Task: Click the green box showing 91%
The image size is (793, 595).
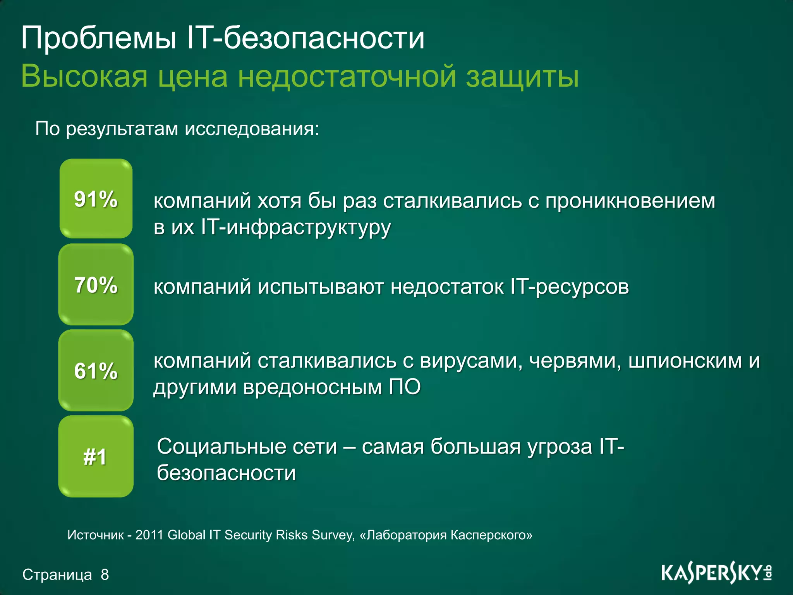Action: pyautogui.click(x=96, y=199)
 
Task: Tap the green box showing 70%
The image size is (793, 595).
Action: pyautogui.click(x=96, y=285)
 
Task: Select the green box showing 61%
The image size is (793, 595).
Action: pyautogui.click(x=96, y=370)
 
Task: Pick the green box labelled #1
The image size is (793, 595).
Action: pyautogui.click(x=96, y=456)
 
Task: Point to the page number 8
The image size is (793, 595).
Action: pyautogui.click(x=105, y=574)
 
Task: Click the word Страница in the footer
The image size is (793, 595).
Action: pyautogui.click(x=57, y=574)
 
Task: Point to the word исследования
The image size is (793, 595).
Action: pyautogui.click(x=252, y=129)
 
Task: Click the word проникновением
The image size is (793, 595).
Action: pyautogui.click(x=630, y=201)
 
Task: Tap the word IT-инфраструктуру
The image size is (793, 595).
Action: pyautogui.click(x=296, y=227)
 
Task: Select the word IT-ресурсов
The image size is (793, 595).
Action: pyautogui.click(x=570, y=287)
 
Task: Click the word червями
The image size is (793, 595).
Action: pyautogui.click(x=575, y=361)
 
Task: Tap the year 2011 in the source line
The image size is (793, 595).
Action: pyautogui.click(x=150, y=535)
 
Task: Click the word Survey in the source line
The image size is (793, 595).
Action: pyautogui.click(x=333, y=535)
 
